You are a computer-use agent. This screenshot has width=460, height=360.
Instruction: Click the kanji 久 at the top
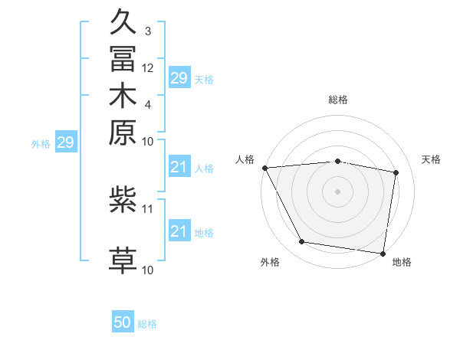pos(123,21)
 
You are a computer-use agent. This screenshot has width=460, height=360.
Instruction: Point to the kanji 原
pos(123,132)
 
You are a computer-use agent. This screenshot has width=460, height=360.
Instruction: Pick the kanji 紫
pos(123,200)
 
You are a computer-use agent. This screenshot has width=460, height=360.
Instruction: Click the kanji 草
pos(123,260)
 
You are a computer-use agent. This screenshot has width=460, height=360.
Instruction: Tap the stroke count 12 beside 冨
pos(148,68)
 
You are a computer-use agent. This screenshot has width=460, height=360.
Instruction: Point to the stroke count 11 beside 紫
pos(148,208)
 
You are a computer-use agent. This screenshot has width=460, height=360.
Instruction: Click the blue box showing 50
pos(123,322)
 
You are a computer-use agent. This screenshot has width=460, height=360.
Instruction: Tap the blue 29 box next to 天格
pos(179,77)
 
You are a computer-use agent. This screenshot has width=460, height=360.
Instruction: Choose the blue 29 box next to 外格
pos(67,142)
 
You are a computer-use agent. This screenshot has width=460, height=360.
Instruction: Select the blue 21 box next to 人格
pos(179,167)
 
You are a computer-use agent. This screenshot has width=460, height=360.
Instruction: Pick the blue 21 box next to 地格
pos(179,231)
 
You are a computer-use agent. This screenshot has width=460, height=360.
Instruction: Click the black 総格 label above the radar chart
pos(338,100)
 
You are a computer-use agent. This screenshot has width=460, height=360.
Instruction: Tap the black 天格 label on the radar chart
pos(432,159)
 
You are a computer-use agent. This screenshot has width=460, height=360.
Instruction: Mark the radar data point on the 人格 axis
pos(264,168)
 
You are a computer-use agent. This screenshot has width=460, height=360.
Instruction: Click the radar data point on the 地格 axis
pos(383,253)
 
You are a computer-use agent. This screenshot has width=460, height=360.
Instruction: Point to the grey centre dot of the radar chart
pos(338,191)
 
